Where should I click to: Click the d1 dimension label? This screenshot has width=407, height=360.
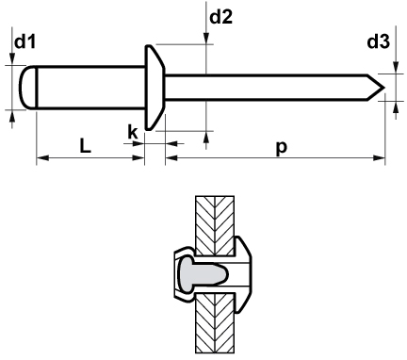point(25,41)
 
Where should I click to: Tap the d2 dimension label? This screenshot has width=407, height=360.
point(220,17)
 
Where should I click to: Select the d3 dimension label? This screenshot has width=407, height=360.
point(378,41)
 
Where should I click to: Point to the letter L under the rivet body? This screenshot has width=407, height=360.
point(85,145)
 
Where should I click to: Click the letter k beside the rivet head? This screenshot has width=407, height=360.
point(133,132)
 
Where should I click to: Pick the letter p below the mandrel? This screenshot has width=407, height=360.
point(282,148)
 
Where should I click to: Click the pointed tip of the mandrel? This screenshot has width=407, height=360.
point(384,88)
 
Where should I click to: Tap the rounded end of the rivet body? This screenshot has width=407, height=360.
point(27,88)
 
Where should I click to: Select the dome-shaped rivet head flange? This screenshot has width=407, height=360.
point(155,88)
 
